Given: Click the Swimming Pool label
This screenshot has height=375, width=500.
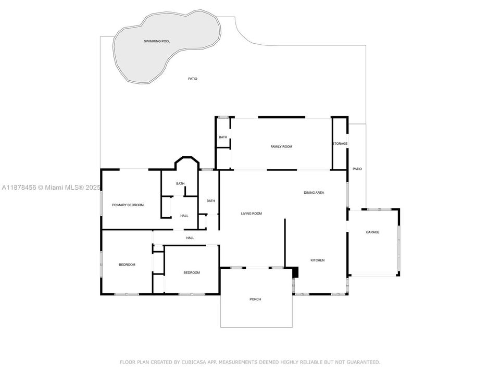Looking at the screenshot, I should point(157,41).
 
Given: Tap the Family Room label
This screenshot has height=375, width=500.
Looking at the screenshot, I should point(281,147).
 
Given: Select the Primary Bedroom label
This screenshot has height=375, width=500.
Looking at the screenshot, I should point(128,205).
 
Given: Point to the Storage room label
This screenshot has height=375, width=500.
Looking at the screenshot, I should point(340,144).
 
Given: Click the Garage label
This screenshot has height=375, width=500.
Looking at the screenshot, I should point(372,232).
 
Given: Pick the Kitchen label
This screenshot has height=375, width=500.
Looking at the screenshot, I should point(318,260).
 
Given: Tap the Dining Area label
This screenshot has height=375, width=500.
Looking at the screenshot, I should point(314,193).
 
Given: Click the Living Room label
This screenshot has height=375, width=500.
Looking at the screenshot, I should point(251,214).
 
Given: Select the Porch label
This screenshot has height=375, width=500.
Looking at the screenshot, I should point(255,299).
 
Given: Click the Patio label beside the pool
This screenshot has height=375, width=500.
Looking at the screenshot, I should point(193,79).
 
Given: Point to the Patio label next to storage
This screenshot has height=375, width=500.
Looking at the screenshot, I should point(357,169).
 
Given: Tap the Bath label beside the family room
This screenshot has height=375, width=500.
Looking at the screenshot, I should point(223,137).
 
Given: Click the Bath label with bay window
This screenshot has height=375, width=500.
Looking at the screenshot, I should point(180,184).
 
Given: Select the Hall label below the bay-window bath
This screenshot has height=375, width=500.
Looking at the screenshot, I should point(184,216).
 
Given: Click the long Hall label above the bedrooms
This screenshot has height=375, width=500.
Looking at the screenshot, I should point(190,238).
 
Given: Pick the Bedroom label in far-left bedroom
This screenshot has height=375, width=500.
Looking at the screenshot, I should point(127,265).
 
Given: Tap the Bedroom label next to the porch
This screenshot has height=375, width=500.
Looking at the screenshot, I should point(191,273).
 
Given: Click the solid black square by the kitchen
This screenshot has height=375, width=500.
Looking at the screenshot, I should point(295,272).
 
